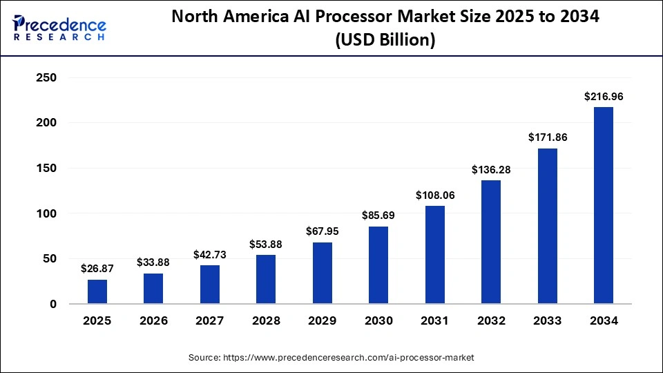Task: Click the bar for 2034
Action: (603, 205)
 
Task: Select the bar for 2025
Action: (97, 291)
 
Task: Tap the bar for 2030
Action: (378, 265)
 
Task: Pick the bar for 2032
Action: (491, 242)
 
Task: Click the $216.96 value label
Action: (603, 97)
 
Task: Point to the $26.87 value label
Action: (97, 268)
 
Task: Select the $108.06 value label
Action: (434, 195)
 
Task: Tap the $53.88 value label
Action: (266, 244)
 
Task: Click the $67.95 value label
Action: (322, 231)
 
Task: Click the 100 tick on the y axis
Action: (46, 213)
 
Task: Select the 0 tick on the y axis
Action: (52, 304)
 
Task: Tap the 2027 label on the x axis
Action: (210, 321)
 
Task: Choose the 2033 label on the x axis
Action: (547, 321)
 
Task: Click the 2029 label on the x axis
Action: (322, 321)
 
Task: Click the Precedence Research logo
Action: (59, 28)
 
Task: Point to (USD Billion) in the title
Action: (385, 40)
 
